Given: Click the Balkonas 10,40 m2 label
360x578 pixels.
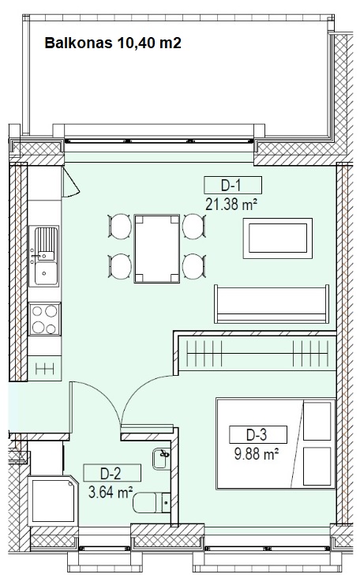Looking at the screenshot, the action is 113,43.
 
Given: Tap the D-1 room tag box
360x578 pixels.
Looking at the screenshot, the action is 233,185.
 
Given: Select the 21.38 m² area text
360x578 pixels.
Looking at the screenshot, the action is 231,204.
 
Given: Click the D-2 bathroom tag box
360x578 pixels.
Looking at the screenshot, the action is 112,473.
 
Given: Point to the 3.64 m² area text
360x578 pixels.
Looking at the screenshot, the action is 111,492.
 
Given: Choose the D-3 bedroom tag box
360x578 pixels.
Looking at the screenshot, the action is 258,434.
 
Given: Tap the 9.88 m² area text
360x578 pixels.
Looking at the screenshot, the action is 257,454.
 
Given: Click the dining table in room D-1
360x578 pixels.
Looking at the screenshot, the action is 157,249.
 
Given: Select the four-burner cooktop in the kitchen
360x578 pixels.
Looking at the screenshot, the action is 45,319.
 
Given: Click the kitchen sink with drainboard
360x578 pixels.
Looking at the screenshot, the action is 44,256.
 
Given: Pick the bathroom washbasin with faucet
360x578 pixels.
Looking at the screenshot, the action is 161,458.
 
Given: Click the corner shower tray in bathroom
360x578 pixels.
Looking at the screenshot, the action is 53,500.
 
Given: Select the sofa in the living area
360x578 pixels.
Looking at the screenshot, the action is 272,304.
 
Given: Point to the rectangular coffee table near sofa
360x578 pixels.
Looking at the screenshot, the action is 277,238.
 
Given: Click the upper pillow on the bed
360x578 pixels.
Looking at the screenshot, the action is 317,421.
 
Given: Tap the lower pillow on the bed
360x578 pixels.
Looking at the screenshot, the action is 317,467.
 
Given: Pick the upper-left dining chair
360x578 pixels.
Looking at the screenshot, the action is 120,226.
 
